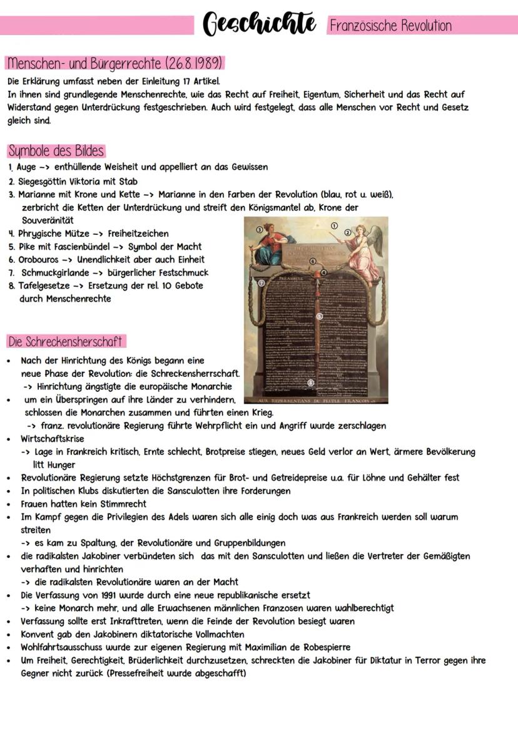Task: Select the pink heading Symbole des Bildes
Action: (x=56, y=151)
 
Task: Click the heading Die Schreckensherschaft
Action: (x=66, y=342)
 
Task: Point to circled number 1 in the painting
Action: (x=334, y=226)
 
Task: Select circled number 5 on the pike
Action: (x=320, y=317)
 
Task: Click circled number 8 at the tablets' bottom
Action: (x=311, y=382)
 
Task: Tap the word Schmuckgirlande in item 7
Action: (x=55, y=272)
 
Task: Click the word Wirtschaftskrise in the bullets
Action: (x=52, y=439)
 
